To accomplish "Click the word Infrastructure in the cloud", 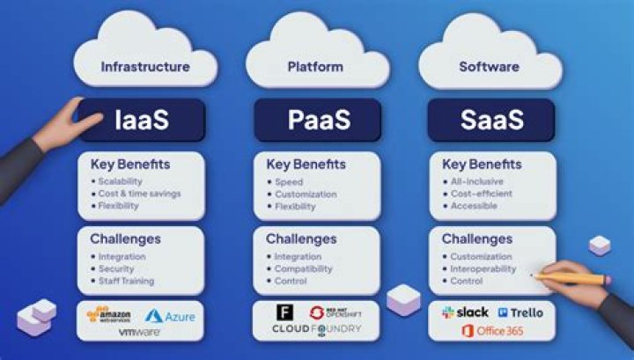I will click(145, 67).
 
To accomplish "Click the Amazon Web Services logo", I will click(110, 315).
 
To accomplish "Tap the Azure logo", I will click(170, 315).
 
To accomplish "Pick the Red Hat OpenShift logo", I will click(335, 312).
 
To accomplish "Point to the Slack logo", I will click(465, 312).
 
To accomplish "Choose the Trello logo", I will click(520, 312).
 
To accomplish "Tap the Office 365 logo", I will click(492, 331).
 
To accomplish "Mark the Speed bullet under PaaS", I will click(288, 180).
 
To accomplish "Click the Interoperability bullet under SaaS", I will click(483, 268).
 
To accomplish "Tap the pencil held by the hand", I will click(572, 278).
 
